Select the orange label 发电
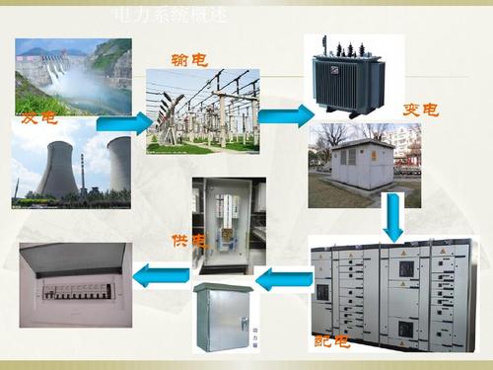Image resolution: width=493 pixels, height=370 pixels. click(39, 118)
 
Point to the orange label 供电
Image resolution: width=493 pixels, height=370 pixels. click(187, 241)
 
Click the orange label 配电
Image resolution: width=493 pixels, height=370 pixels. click(331, 342)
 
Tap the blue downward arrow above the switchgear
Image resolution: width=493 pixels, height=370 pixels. click(393, 217)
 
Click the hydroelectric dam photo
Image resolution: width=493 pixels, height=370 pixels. click(73, 77)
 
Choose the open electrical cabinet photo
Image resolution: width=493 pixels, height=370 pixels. click(228, 227)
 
